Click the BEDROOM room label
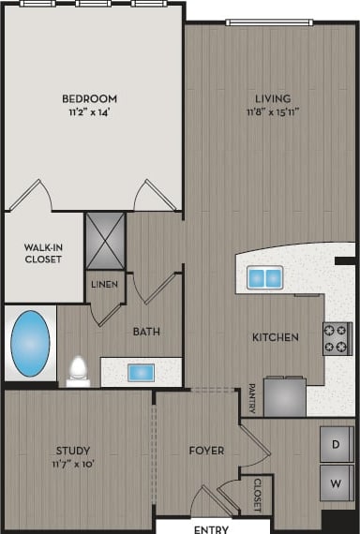89,98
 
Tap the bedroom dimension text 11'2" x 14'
89,112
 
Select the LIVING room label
273,98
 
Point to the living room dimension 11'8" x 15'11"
273,112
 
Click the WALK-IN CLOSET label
43,253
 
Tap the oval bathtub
30,343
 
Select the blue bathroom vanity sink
141,372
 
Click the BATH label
146,332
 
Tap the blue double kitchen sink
264,277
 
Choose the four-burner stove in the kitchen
337,338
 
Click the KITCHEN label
275,337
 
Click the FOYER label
205,451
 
